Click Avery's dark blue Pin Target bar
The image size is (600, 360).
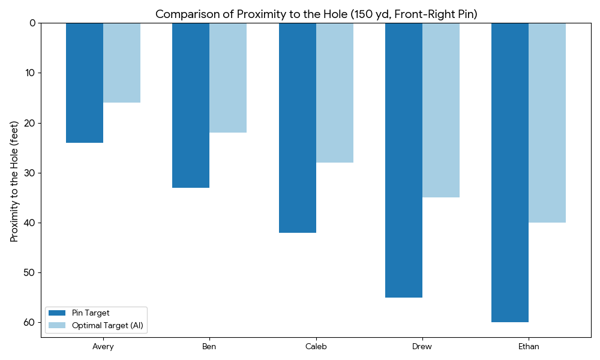pyautogui.click(x=85, y=83)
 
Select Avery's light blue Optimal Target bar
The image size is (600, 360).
pyautogui.click(x=122, y=62)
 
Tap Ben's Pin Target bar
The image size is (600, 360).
pyautogui.click(x=191, y=105)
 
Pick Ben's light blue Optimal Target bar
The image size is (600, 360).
pyautogui.click(x=228, y=77)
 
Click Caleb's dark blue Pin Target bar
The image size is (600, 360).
pyautogui.click(x=298, y=128)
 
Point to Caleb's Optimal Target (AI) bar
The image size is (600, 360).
pyautogui.click(x=335, y=92)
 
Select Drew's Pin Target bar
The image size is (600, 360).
pyautogui.click(x=404, y=160)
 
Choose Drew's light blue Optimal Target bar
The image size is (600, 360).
pyautogui.click(x=441, y=110)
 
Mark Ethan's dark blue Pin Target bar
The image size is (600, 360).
pyautogui.click(x=510, y=172)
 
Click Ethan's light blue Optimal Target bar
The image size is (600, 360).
pyautogui.click(x=547, y=122)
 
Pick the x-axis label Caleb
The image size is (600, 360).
pyautogui.click(x=316, y=347)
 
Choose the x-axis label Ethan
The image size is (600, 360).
pyautogui.click(x=529, y=347)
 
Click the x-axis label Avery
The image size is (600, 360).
pyautogui.click(x=103, y=347)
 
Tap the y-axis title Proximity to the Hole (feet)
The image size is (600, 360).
pyautogui.click(x=14, y=181)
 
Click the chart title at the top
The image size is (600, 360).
pyautogui.click(x=316, y=14)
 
